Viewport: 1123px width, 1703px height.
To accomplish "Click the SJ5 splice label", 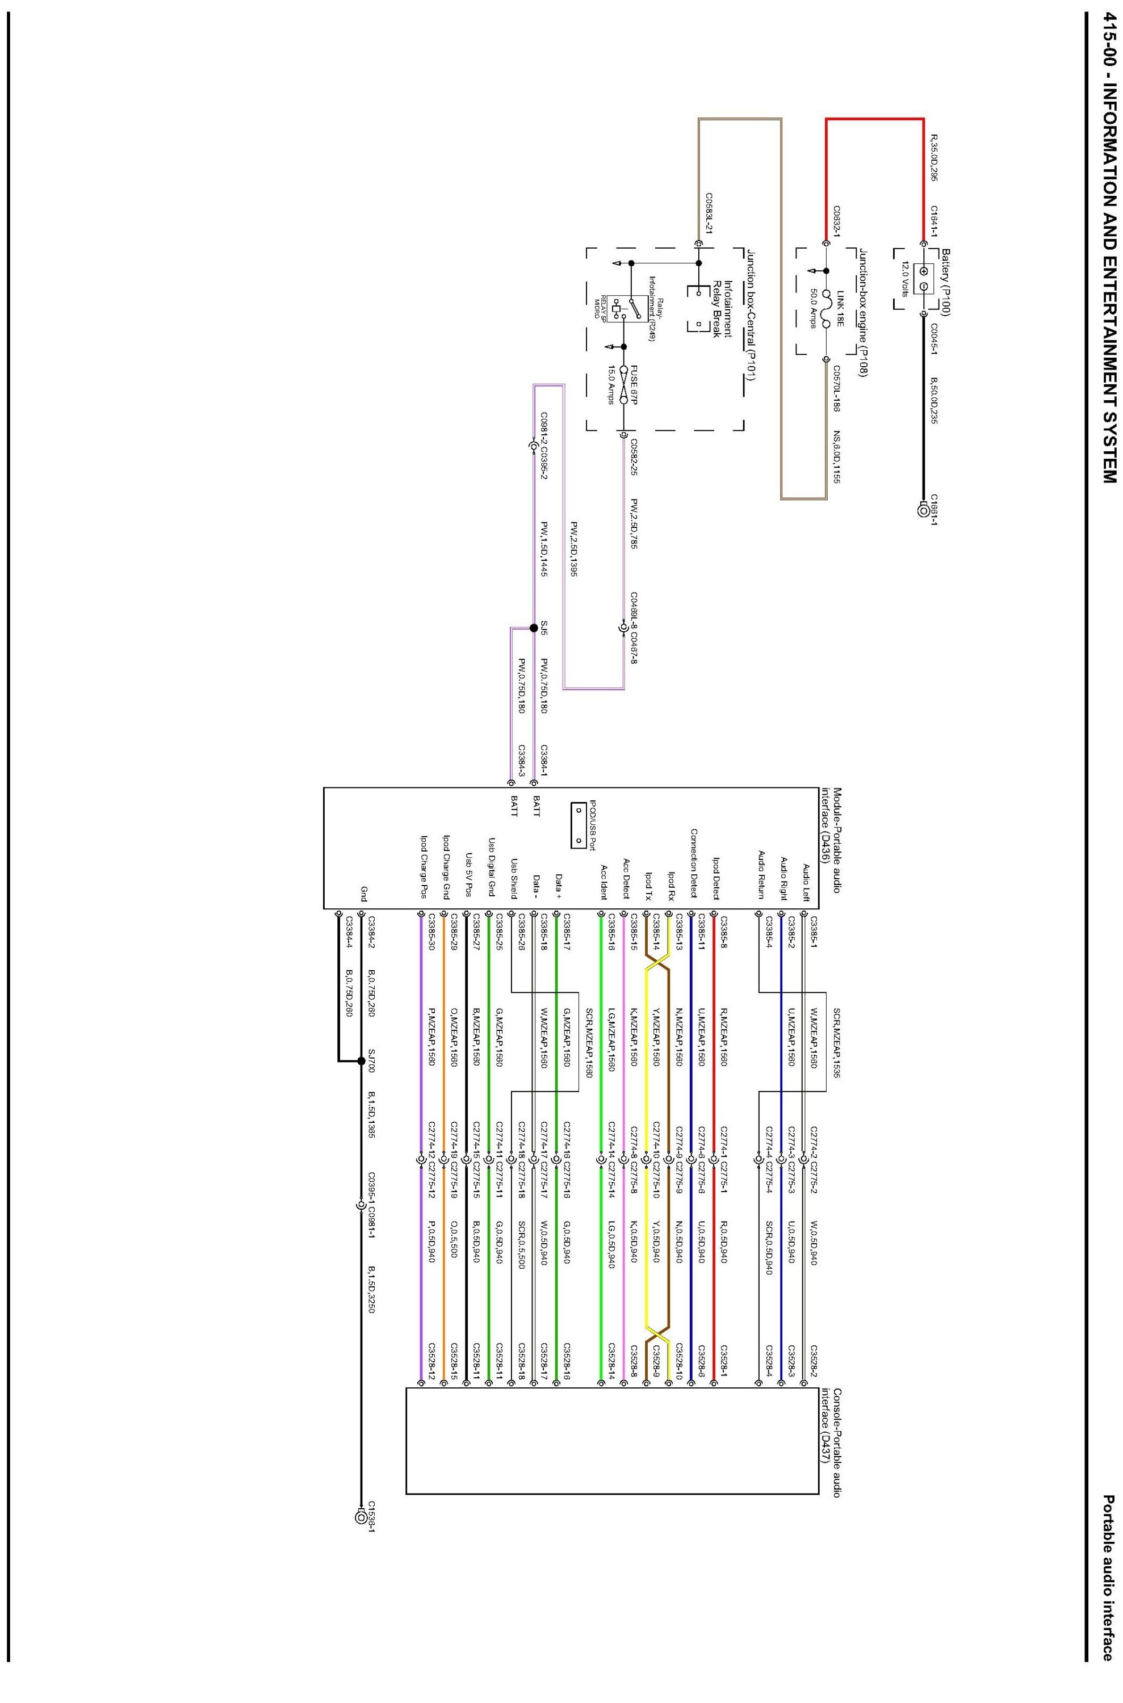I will click(x=544, y=628).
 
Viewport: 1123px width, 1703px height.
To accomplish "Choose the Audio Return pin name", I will click(x=761, y=874).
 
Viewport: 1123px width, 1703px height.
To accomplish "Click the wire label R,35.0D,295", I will click(x=934, y=156).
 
